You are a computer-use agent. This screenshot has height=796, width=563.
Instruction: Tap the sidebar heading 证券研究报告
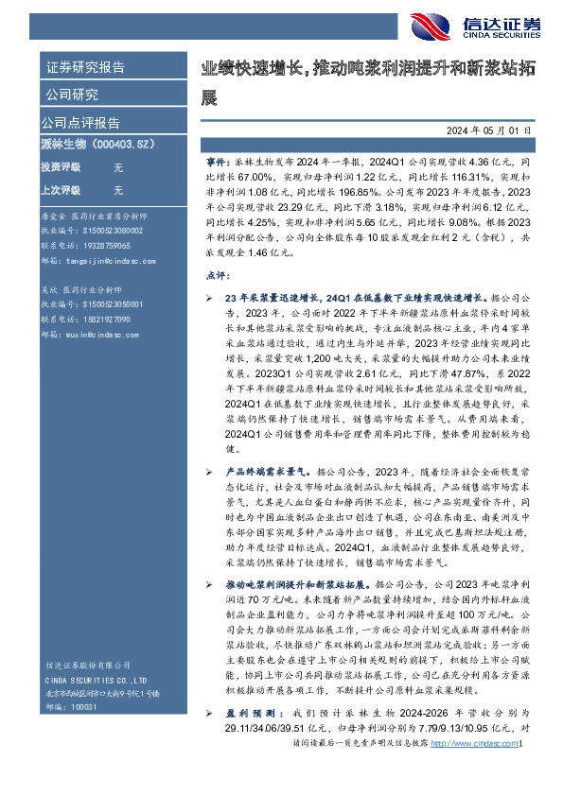click(x=85, y=67)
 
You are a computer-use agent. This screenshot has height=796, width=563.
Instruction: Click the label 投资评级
click(x=60, y=166)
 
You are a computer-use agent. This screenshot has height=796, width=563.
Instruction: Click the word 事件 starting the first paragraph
click(x=216, y=163)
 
